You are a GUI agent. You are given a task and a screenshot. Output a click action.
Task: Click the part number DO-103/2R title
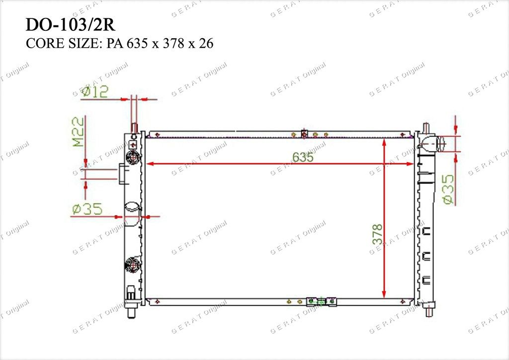pos(70,25)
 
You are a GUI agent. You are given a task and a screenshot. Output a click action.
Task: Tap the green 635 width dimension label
pos(303,157)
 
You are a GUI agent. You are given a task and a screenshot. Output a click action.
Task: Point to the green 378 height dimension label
pos(378,234)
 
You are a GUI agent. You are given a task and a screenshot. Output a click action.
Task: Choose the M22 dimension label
pos(78,132)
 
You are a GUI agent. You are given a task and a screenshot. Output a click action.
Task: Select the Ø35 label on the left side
pos(87,209)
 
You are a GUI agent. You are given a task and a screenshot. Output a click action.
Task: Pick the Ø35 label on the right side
pos(448,189)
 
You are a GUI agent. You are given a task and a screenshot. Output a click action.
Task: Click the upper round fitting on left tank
pos(133,158)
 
